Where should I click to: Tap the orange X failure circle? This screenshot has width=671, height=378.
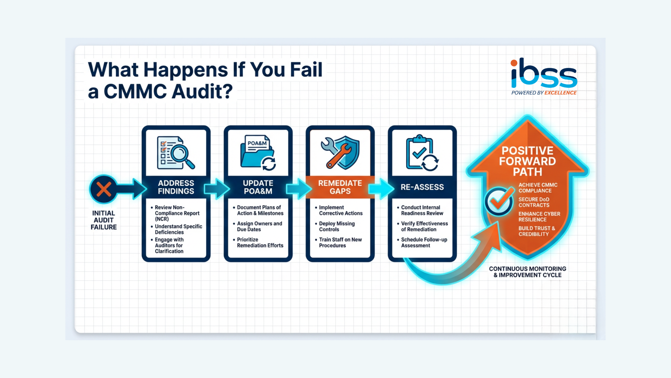pyautogui.click(x=103, y=189)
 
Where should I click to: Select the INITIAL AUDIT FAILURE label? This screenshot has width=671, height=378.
pyautogui.click(x=103, y=220)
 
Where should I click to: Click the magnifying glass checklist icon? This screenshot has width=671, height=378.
pyautogui.click(x=176, y=153)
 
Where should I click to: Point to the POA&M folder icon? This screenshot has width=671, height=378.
pyautogui.click(x=258, y=153)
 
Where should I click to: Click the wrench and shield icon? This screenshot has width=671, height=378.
pyautogui.click(x=340, y=153)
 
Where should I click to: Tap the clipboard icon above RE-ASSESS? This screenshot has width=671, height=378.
pyautogui.click(x=422, y=153)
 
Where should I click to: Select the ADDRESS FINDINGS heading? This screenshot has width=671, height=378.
pyautogui.click(x=176, y=187)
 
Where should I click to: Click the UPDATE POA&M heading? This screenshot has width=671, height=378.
pyautogui.click(x=258, y=187)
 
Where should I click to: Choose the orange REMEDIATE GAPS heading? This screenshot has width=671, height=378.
pyautogui.click(x=340, y=187)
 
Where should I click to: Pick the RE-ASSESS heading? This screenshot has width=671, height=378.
pyautogui.click(x=422, y=187)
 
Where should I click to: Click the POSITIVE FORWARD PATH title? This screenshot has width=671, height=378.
pyautogui.click(x=527, y=161)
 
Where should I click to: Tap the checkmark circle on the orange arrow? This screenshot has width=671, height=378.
pyautogui.click(x=499, y=201)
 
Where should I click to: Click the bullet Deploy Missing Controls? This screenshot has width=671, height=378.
pyautogui.click(x=337, y=226)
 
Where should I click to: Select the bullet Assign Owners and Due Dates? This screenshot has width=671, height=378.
pyautogui.click(x=259, y=226)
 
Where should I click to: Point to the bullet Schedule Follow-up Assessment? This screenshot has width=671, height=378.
pyautogui.click(x=424, y=243)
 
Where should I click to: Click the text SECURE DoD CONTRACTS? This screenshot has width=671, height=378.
pyautogui.click(x=534, y=202)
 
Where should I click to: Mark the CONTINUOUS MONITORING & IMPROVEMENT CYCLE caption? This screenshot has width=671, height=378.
pyautogui.click(x=527, y=272)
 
